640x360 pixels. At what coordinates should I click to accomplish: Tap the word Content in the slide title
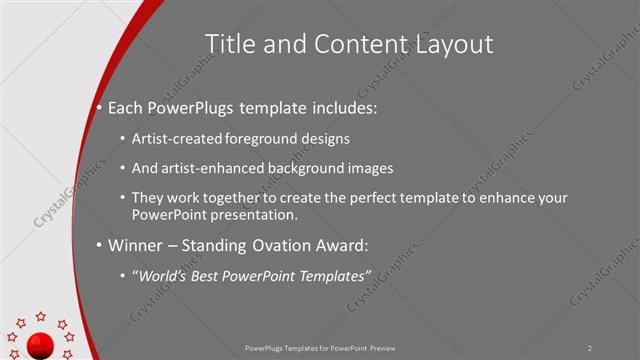point(351,44)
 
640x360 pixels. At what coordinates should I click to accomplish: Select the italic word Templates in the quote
point(333,274)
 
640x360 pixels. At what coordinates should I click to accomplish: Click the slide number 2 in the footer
point(590,348)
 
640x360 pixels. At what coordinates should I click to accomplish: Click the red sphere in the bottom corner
point(40,346)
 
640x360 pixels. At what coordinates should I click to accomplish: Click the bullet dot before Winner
point(100,245)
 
